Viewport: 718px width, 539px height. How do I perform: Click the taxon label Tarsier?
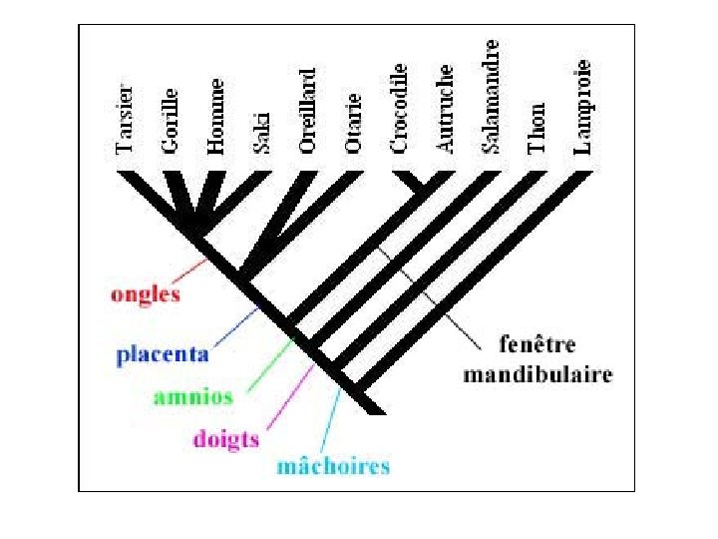(125, 119)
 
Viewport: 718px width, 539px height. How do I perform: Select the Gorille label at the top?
(171, 120)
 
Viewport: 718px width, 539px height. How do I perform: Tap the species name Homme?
(216, 116)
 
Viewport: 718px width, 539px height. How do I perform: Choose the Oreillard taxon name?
(308, 110)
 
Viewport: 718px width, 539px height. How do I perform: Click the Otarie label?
(353, 126)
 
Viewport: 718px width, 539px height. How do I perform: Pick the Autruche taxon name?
(446, 110)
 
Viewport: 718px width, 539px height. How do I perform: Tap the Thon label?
(538, 128)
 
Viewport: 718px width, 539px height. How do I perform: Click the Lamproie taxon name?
(583, 107)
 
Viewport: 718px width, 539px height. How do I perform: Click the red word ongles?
(146, 294)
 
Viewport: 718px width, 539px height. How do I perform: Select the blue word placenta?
(163, 353)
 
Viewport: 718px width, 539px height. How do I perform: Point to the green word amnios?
(193, 396)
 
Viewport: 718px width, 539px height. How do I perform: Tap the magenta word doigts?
(225, 439)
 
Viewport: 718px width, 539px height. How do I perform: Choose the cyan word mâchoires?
(333, 466)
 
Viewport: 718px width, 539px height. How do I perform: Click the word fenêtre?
(538, 345)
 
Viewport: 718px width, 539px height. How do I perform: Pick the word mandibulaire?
(538, 375)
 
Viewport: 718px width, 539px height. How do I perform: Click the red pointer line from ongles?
(189, 271)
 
